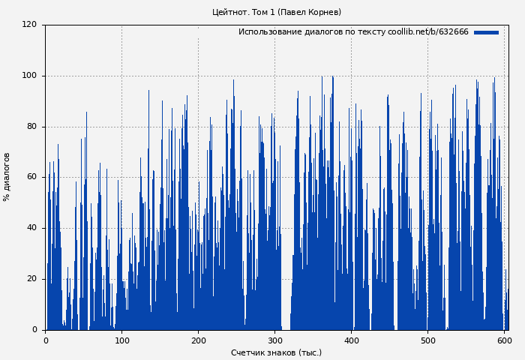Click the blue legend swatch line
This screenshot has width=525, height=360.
[486, 32]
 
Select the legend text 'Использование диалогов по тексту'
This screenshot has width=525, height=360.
[312, 32]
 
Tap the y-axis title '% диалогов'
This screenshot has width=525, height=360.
[7, 177]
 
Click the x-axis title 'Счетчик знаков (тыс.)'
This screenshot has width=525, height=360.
[276, 352]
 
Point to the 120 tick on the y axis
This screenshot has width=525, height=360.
[29, 25]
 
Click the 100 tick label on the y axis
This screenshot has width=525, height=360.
[29, 76]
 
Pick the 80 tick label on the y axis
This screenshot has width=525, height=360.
[31, 127]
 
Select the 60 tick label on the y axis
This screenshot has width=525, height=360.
[31, 177]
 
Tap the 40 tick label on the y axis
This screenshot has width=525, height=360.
[31, 228]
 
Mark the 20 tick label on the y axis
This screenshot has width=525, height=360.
[31, 279]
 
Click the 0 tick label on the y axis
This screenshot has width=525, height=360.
[34, 329]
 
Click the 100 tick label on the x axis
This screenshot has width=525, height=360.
[121, 340]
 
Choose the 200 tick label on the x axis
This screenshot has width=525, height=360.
[198, 340]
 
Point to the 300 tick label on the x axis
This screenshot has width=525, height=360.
[274, 340]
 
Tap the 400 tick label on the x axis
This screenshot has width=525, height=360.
[351, 340]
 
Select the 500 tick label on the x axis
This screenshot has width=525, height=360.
[427, 340]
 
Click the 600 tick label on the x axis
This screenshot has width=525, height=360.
[504, 340]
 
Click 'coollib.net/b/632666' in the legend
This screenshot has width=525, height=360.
[428, 32]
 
